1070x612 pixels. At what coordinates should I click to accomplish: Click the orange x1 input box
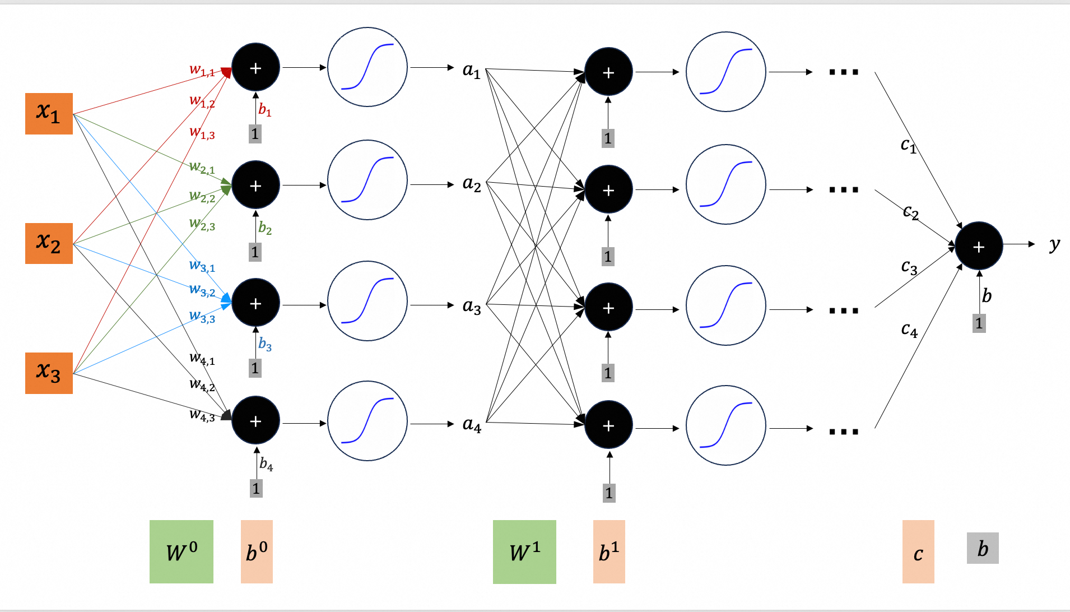[49, 114]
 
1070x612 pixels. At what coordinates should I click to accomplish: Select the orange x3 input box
[49, 373]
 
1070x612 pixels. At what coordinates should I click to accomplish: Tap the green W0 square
[181, 551]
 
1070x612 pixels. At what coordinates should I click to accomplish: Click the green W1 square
[524, 551]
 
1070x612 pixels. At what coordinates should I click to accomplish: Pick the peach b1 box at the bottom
[609, 551]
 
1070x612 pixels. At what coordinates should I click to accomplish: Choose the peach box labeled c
[918, 551]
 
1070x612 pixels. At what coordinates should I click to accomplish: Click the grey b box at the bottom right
[983, 548]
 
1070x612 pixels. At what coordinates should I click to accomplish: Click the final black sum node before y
[979, 247]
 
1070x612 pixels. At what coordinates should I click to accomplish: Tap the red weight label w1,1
[202, 70]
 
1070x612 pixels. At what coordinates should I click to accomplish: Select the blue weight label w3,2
[202, 290]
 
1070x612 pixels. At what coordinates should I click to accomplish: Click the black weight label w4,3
[202, 415]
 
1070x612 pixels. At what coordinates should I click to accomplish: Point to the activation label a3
[472, 306]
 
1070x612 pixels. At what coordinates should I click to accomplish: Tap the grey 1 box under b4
[256, 488]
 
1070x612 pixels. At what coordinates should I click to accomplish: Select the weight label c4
[909, 330]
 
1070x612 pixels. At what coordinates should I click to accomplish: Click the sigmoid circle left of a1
[367, 67]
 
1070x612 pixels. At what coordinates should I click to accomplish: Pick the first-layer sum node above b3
[255, 303]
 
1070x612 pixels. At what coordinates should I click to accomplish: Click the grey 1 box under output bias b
[979, 323]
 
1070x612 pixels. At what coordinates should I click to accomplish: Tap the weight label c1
[908, 145]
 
